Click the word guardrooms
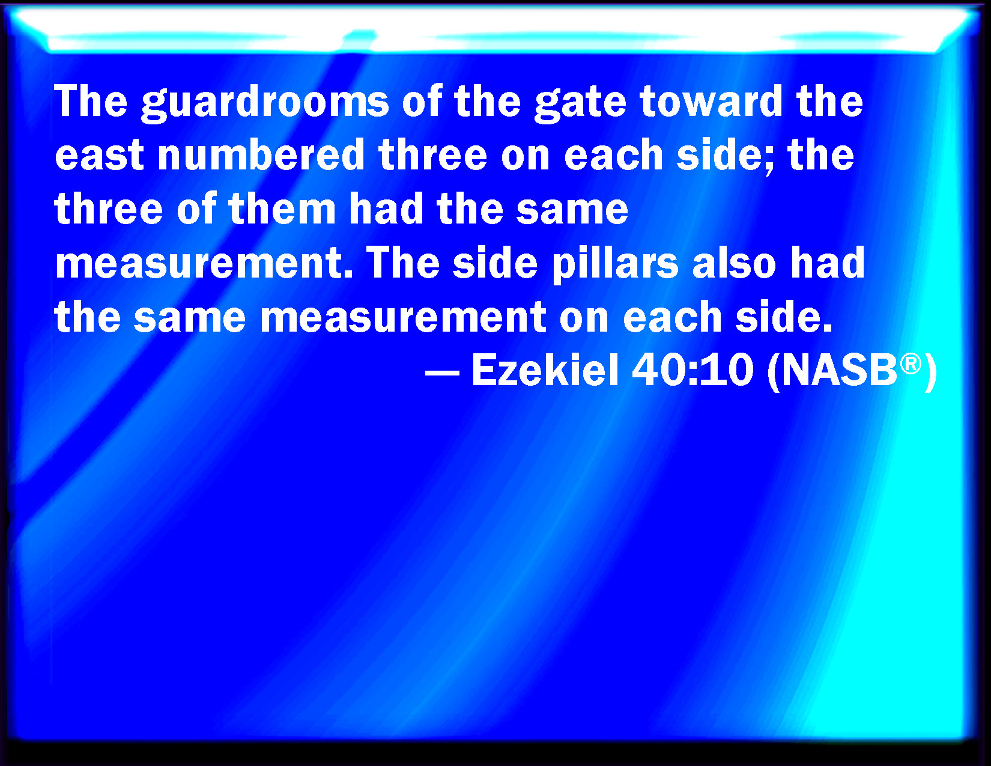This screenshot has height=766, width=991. click(265, 103)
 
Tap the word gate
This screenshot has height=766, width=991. click(581, 104)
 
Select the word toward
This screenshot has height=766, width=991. click(712, 101)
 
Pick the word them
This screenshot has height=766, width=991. click(282, 208)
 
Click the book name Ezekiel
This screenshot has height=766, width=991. click(545, 370)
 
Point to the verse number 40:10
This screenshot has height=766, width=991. click(692, 370)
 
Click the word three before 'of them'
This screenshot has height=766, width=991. click(109, 208)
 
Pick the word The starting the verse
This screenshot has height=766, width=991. click(91, 101)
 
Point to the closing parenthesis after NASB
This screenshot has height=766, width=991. click(930, 372)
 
